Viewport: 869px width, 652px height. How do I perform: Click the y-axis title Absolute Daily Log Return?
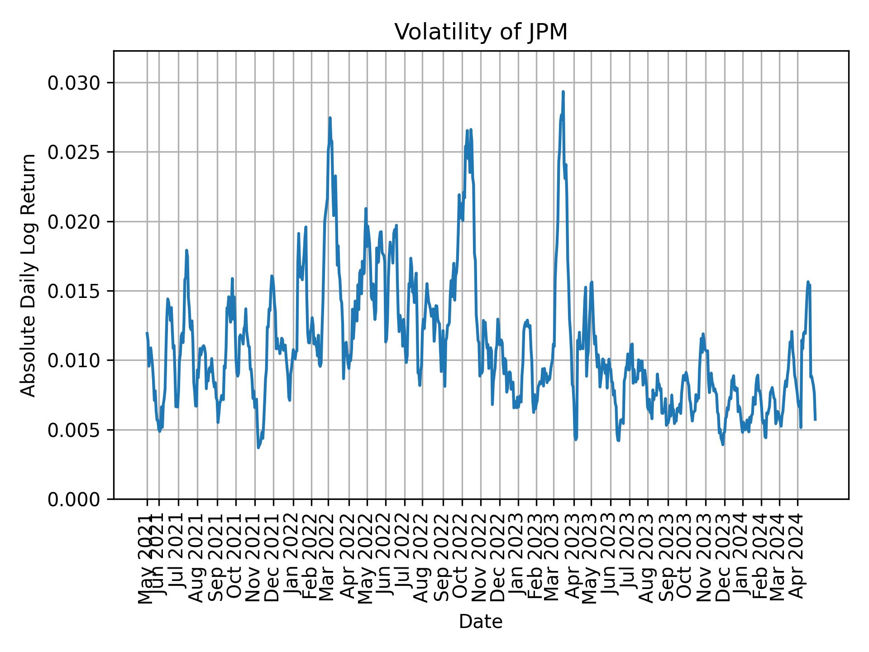(x=29, y=275)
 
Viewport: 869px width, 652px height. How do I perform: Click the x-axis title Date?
(x=481, y=622)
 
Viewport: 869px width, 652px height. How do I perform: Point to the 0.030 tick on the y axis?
(x=75, y=83)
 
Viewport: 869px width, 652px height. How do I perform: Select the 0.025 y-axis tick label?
(x=75, y=152)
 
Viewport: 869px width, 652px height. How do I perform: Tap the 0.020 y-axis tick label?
(x=75, y=222)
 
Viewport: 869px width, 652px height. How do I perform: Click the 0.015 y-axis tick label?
(x=75, y=291)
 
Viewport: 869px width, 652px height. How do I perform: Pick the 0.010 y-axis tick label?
(x=75, y=360)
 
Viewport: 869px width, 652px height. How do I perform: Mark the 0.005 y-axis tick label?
(x=75, y=430)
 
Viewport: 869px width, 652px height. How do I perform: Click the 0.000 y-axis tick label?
(x=75, y=499)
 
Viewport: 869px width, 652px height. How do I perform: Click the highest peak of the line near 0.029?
(x=563, y=92)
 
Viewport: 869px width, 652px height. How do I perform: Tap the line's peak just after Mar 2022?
(x=330, y=118)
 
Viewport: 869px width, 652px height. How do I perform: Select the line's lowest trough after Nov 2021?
(x=258, y=448)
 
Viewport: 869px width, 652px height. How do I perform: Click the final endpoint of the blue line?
(x=815, y=420)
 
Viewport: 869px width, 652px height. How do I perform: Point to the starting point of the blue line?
(x=147, y=333)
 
